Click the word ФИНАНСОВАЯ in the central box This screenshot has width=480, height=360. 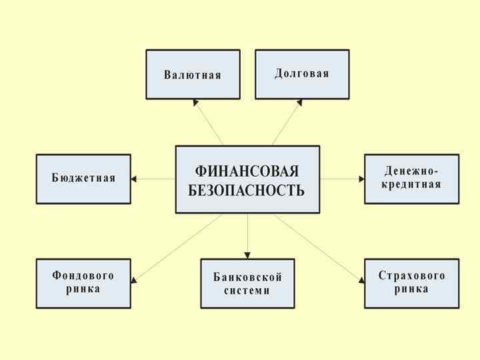(x=247, y=171)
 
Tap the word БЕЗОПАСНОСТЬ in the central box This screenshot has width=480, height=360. (x=247, y=191)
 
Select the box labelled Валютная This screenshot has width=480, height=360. (x=193, y=74)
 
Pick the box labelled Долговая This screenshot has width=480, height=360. (x=302, y=73)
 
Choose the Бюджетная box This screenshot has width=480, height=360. (x=83, y=178)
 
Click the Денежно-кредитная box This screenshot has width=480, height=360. (x=411, y=178)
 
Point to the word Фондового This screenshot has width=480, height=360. (x=83, y=275)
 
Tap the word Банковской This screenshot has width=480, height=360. (x=247, y=277)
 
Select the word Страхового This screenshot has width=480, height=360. (x=411, y=275)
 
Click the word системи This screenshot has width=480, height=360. (x=247, y=291)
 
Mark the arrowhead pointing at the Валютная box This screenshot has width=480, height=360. (x=196, y=103)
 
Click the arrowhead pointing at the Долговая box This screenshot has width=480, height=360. (x=299, y=103)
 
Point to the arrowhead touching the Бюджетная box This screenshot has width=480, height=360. (x=134, y=179)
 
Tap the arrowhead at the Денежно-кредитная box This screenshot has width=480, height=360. (x=361, y=179)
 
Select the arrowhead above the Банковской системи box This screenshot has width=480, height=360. (x=247, y=255)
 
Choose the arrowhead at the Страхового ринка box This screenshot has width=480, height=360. (x=361, y=280)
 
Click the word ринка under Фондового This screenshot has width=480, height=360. (x=83, y=289)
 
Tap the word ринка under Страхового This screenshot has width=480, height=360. (x=411, y=289)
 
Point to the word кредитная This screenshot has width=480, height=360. (x=411, y=185)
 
